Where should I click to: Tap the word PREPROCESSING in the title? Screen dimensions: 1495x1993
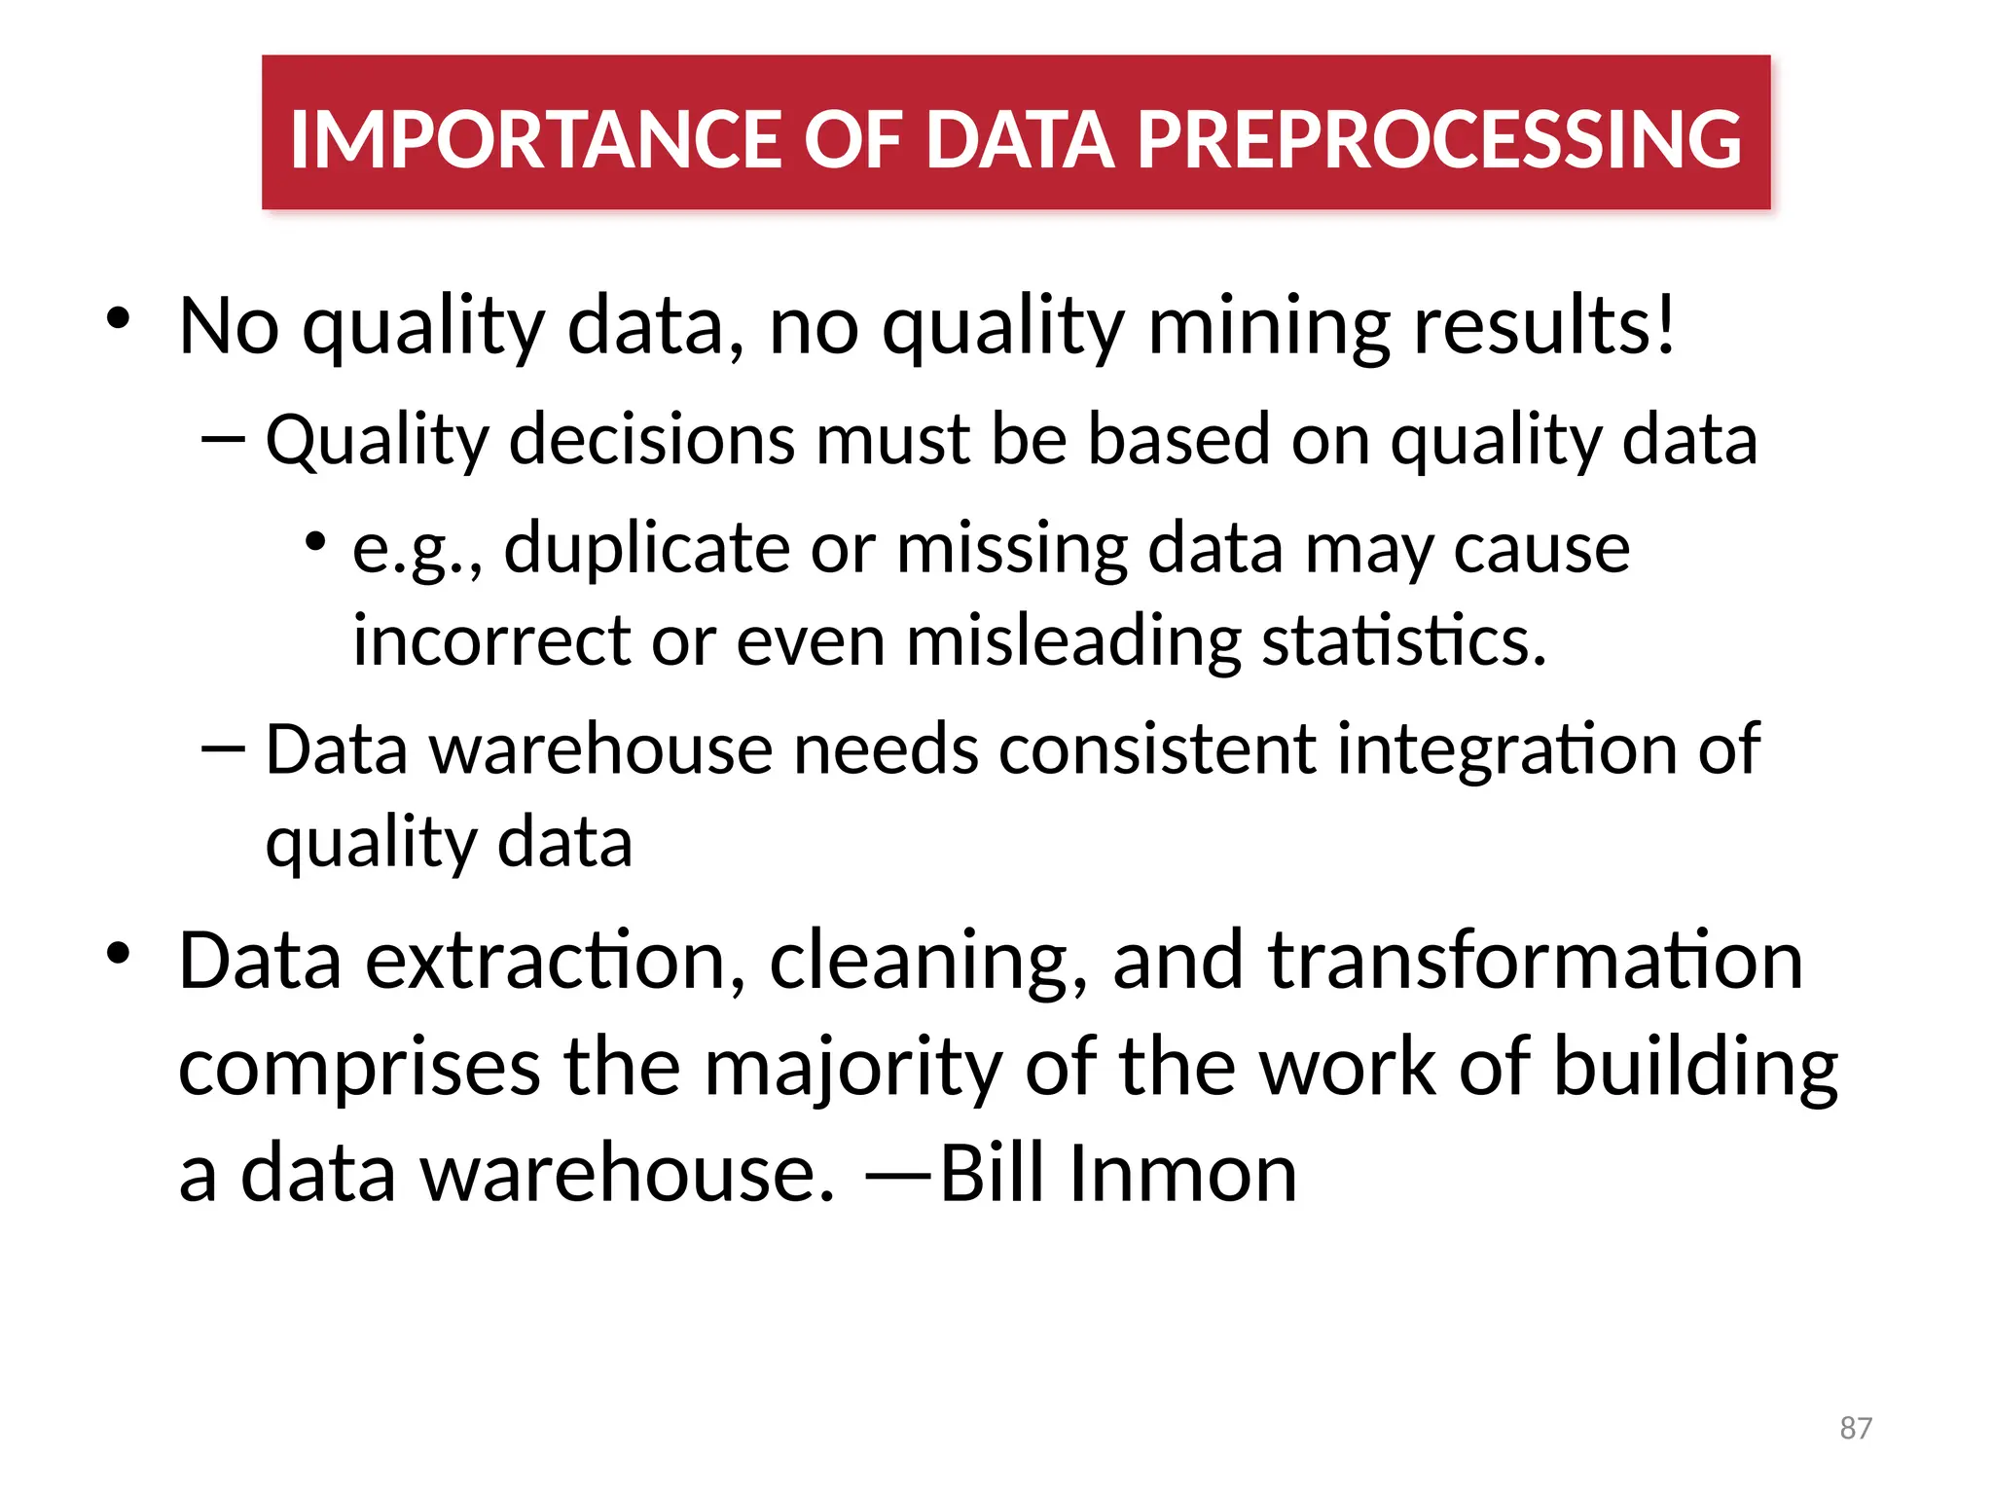pyautogui.click(x=1439, y=139)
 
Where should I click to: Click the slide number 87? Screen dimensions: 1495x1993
pyautogui.click(x=1856, y=1428)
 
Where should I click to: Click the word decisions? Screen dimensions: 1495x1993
pyautogui.click(x=651, y=440)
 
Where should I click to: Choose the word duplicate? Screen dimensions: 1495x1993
pyautogui.click(x=646, y=548)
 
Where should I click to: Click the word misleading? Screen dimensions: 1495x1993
pyautogui.click(x=1073, y=642)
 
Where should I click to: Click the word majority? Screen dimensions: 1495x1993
pyautogui.click(x=852, y=1069)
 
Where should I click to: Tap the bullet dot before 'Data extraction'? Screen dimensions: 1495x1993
pyautogui.click(x=119, y=953)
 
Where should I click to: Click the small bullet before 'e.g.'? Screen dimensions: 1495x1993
pyautogui.click(x=314, y=541)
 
